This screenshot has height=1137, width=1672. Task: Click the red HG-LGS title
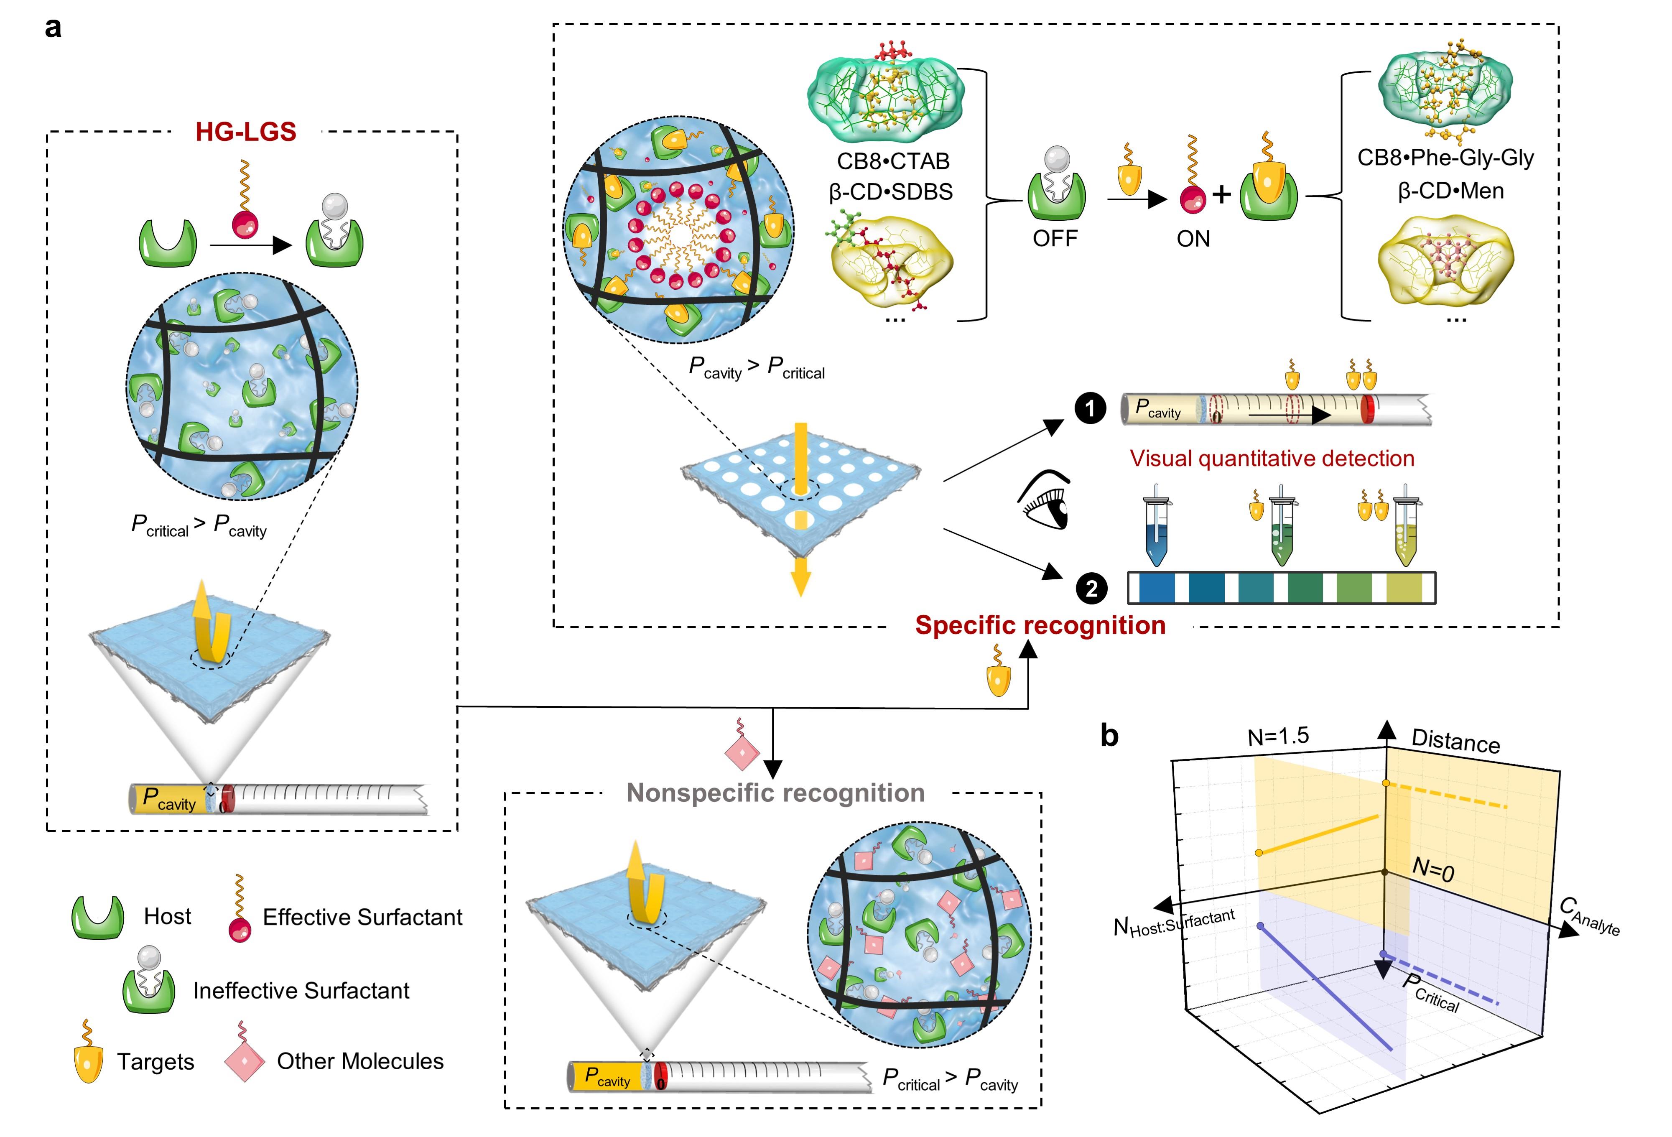246,132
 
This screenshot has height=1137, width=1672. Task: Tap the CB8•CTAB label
893,161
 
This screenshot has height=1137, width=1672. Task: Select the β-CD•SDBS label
891,192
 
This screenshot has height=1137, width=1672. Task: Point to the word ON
1193,238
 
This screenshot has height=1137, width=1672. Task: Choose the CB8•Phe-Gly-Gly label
1445,158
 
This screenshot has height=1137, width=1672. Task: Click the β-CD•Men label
1450,191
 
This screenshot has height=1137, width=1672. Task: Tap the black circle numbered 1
1091,409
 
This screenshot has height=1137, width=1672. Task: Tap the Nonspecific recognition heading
775,793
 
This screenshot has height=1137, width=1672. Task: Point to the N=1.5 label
1278,736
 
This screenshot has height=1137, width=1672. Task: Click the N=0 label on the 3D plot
1433,869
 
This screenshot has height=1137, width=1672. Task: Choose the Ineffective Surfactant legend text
301,991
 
